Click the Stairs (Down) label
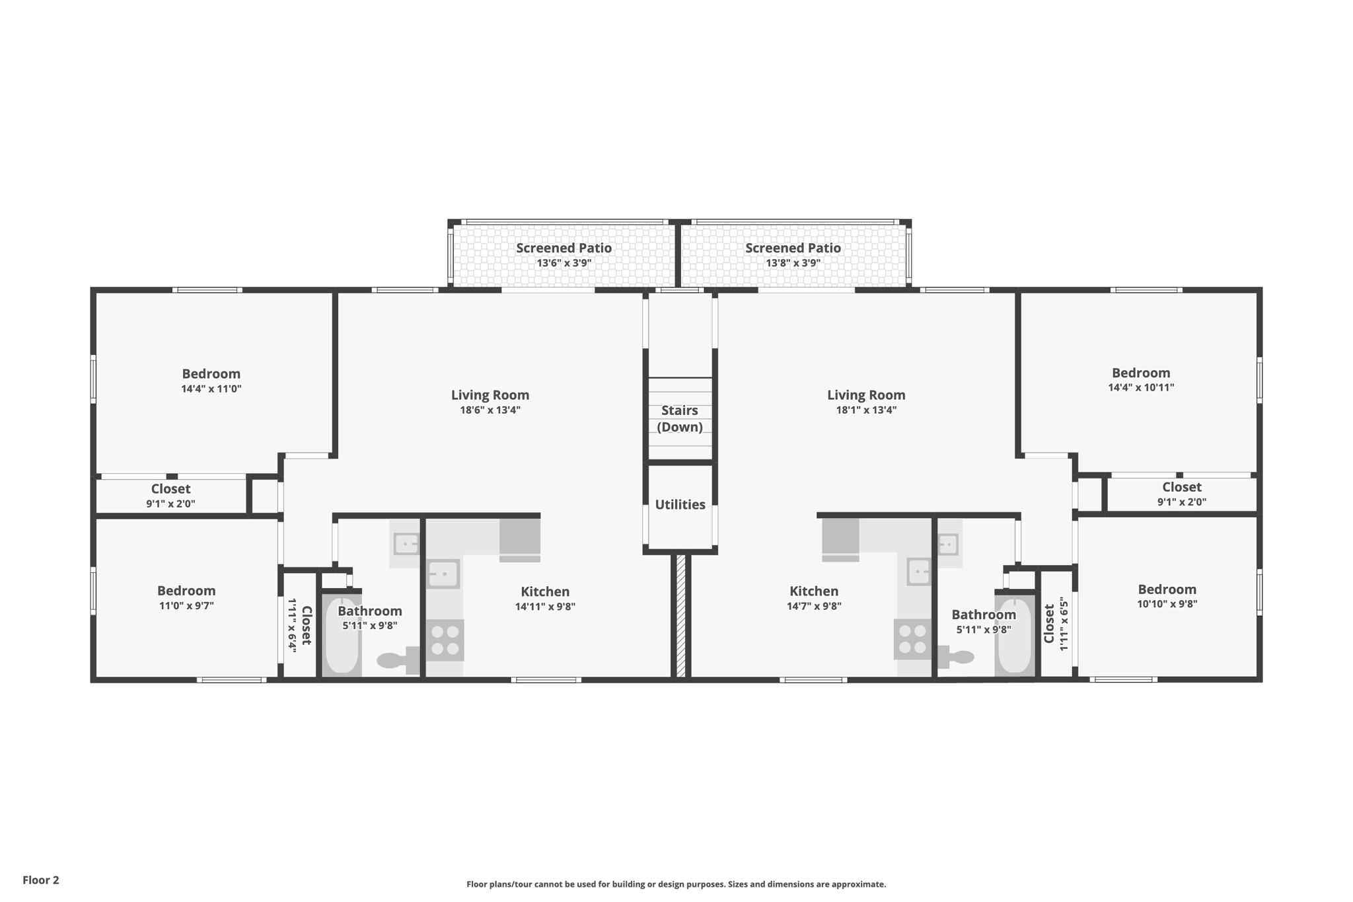tap(680, 419)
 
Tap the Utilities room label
tap(680, 505)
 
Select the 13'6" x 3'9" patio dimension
tap(564, 263)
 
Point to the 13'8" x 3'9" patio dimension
tap(793, 263)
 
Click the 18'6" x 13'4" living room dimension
tap(490, 410)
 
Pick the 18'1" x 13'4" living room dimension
tap(866, 410)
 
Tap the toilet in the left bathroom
tap(398, 660)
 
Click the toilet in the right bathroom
tap(955, 658)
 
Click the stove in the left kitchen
tap(445, 640)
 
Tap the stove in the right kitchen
tap(912, 639)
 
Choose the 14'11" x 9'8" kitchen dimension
tap(545, 607)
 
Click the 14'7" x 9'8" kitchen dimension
tap(814, 607)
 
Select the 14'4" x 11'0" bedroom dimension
tap(211, 389)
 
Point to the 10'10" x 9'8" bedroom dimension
tap(1167, 603)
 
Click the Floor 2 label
tap(41, 880)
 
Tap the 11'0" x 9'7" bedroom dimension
tap(186, 605)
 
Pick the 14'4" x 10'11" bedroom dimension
tap(1141, 387)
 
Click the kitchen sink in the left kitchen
tap(443, 574)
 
